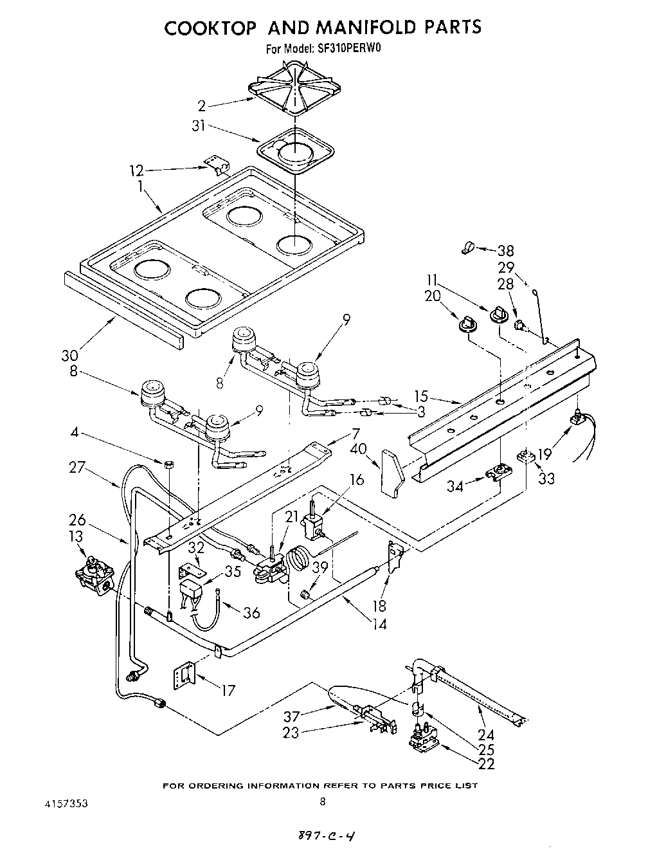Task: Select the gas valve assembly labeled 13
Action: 96,574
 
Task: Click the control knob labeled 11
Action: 498,314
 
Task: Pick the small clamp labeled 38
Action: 469,247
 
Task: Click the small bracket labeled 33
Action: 525,457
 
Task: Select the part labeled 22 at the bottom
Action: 424,741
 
